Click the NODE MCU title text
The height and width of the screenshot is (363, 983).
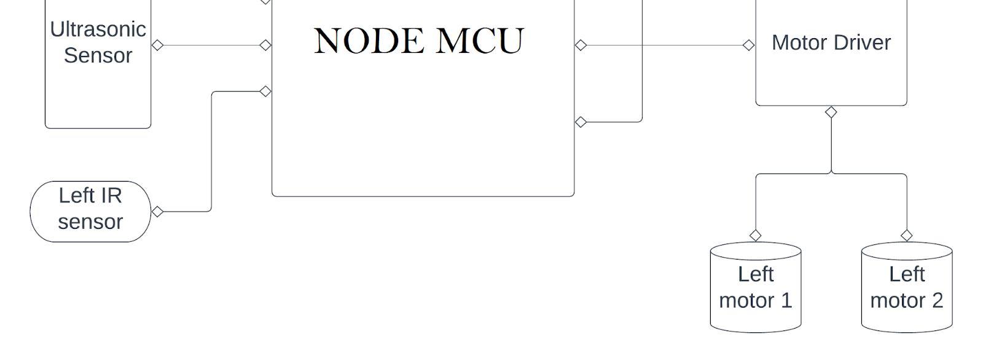[418, 41]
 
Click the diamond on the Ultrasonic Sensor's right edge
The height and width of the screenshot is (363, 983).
[157, 45]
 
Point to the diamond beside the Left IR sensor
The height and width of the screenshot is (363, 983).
[157, 212]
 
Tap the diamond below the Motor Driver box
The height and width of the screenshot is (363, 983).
[831, 112]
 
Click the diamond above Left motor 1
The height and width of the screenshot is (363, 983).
[755, 235]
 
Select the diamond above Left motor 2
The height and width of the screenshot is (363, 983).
[906, 235]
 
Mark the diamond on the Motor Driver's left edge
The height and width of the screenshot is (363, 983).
[748, 45]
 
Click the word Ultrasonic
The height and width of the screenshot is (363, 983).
[98, 30]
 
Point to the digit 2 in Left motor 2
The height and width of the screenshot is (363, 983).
[937, 300]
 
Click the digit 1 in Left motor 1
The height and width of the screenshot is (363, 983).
[786, 300]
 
